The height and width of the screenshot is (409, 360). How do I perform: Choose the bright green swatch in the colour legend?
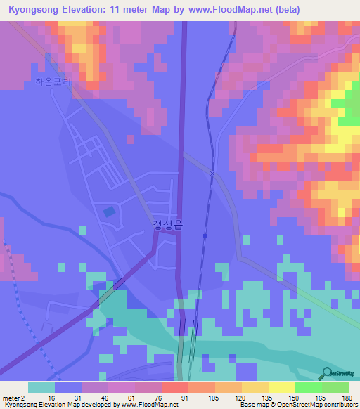(x=309, y=387)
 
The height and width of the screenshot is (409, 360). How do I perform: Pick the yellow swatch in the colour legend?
(x=282, y=387)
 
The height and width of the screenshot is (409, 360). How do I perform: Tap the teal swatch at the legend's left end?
(x=41, y=387)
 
